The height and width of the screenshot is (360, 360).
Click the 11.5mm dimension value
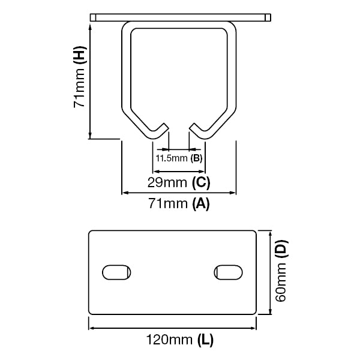(x=172, y=159)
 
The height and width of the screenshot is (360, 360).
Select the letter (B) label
(x=196, y=159)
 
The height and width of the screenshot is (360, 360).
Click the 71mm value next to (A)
(x=168, y=204)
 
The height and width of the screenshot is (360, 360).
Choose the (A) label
(x=200, y=204)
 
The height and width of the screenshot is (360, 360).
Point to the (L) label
(x=205, y=341)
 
